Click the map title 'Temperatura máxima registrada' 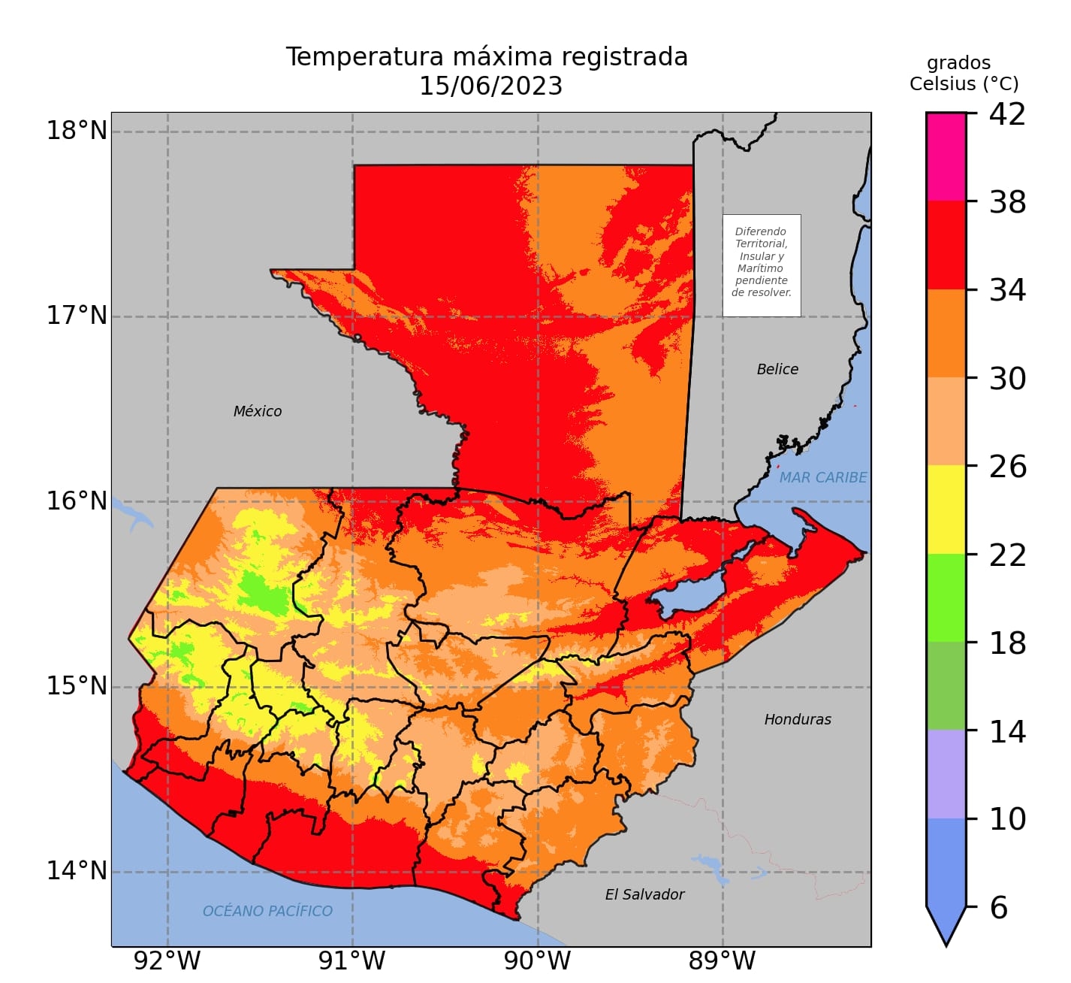pyautogui.click(x=487, y=57)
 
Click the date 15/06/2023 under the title pyautogui.click(x=490, y=86)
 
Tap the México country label pyautogui.click(x=258, y=411)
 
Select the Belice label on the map pyautogui.click(x=777, y=369)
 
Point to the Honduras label pyautogui.click(x=798, y=719)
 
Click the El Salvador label pyautogui.click(x=644, y=894)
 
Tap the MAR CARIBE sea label pyautogui.click(x=822, y=477)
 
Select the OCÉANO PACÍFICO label pyautogui.click(x=267, y=911)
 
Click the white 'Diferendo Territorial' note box pyautogui.click(x=762, y=265)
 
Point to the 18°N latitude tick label pyautogui.click(x=77, y=131)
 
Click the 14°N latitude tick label pyautogui.click(x=77, y=871)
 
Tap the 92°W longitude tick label pyautogui.click(x=167, y=961)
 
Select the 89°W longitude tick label pyautogui.click(x=722, y=961)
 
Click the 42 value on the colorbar pyautogui.click(x=1007, y=114)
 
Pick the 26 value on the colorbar pyautogui.click(x=1007, y=467)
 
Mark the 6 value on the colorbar pyautogui.click(x=998, y=908)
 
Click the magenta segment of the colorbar pyautogui.click(x=946, y=157)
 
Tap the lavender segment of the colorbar pyautogui.click(x=946, y=774)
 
